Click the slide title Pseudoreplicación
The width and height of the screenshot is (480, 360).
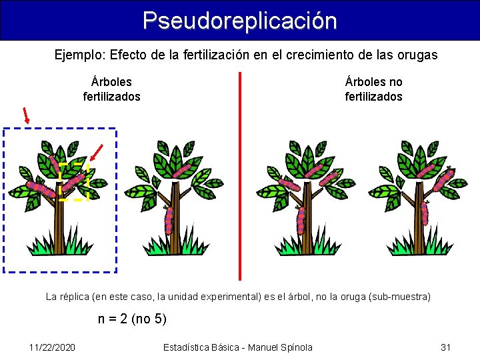(239, 20)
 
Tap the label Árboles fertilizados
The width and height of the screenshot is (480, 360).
(111, 89)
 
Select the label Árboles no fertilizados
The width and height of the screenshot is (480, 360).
(373, 89)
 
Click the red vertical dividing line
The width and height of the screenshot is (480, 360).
(240, 173)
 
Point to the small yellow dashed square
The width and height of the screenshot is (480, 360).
(73, 181)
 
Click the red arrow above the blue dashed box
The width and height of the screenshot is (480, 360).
(26, 115)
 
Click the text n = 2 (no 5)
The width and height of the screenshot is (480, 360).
(132, 319)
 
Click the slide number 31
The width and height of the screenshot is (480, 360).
(446, 347)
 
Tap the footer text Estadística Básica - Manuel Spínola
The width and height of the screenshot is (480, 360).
(237, 347)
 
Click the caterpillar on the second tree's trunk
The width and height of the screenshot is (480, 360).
(169, 218)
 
